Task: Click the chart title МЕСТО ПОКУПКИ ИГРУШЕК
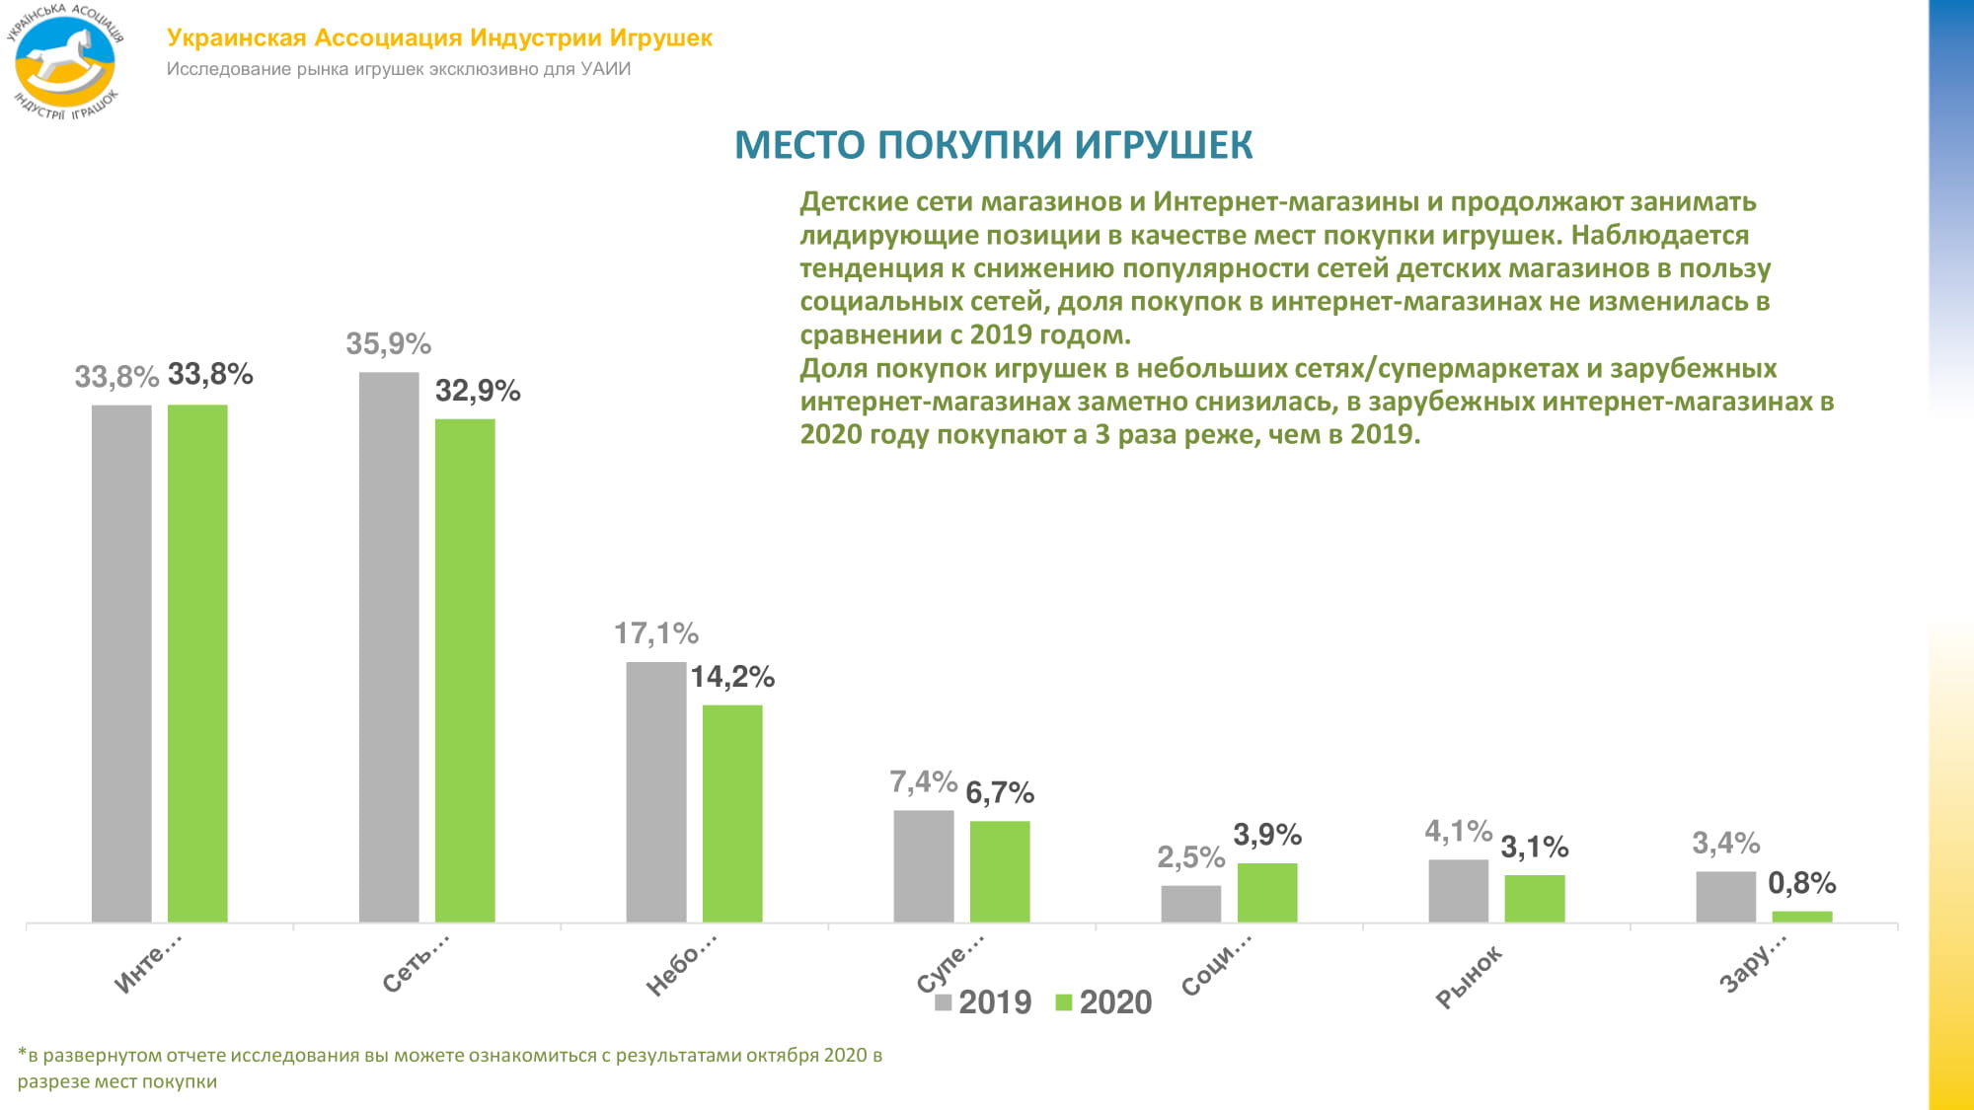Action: tap(993, 145)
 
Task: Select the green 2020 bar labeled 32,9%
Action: tap(465, 671)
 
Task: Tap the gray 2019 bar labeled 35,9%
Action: tap(389, 647)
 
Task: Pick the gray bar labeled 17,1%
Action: tap(655, 792)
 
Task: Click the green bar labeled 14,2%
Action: tap(732, 814)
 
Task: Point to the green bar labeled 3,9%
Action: tap(1267, 893)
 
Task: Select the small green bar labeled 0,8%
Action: tap(1801, 917)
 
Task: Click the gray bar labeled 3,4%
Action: tap(1725, 897)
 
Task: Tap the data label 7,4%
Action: tap(923, 782)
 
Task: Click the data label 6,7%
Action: tap(1000, 792)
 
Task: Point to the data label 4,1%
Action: tap(1458, 831)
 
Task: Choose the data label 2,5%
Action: tap(1190, 857)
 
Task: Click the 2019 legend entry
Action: tap(983, 1002)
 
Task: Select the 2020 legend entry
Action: tap(1104, 1002)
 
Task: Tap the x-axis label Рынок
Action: tap(1469, 977)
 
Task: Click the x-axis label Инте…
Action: tap(148, 963)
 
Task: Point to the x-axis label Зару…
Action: tap(1753, 963)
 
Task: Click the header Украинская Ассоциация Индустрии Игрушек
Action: tap(439, 37)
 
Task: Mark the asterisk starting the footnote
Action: tap(22, 1053)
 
